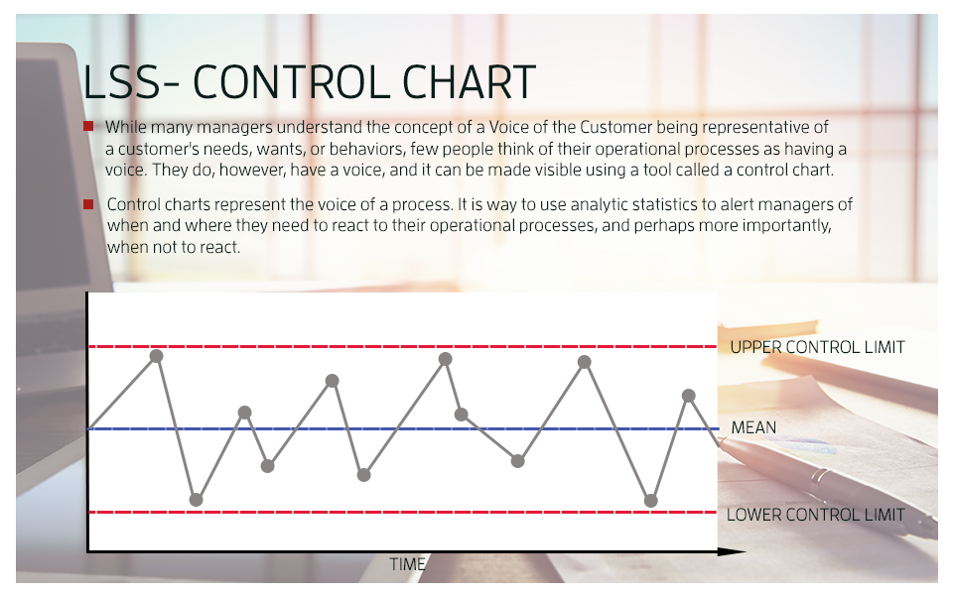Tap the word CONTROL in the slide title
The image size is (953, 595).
pyautogui.click(x=292, y=82)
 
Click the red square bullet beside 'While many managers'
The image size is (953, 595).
pyautogui.click(x=88, y=126)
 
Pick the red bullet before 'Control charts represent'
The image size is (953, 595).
pyautogui.click(x=88, y=204)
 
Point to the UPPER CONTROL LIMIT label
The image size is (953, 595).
pyautogui.click(x=817, y=347)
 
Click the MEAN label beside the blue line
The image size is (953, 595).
pyautogui.click(x=753, y=427)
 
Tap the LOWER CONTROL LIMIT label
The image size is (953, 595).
pyautogui.click(x=816, y=515)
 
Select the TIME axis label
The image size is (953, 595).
pyautogui.click(x=407, y=564)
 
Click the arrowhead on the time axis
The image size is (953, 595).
pyautogui.click(x=732, y=552)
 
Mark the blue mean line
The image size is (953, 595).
pyautogui.click(x=404, y=428)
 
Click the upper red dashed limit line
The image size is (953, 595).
pyautogui.click(x=403, y=347)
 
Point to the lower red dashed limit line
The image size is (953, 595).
pyautogui.click(x=403, y=513)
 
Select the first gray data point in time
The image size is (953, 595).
pyautogui.click(x=156, y=356)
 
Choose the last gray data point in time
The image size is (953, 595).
pyautogui.click(x=689, y=396)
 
